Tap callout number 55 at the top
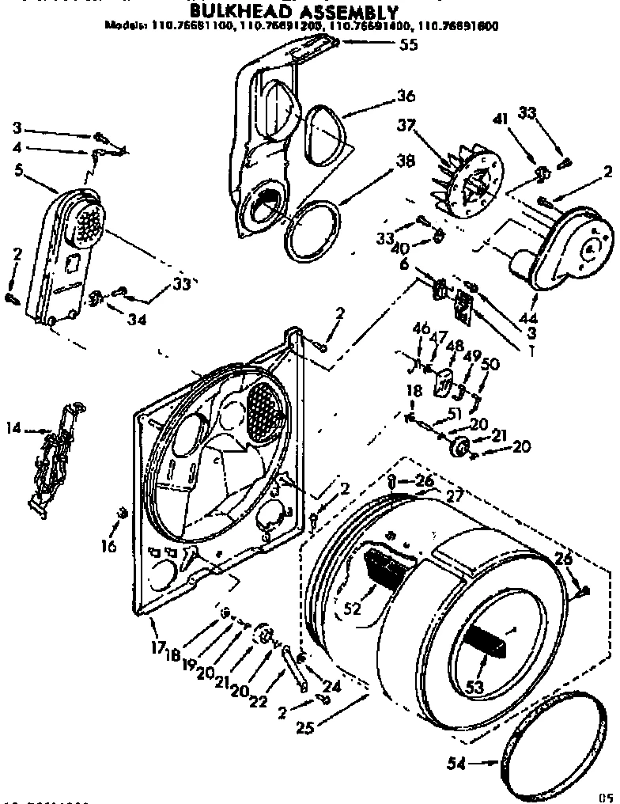pos(408,45)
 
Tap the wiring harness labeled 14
pos(55,455)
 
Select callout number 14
pos(13,429)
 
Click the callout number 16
pos(110,547)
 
